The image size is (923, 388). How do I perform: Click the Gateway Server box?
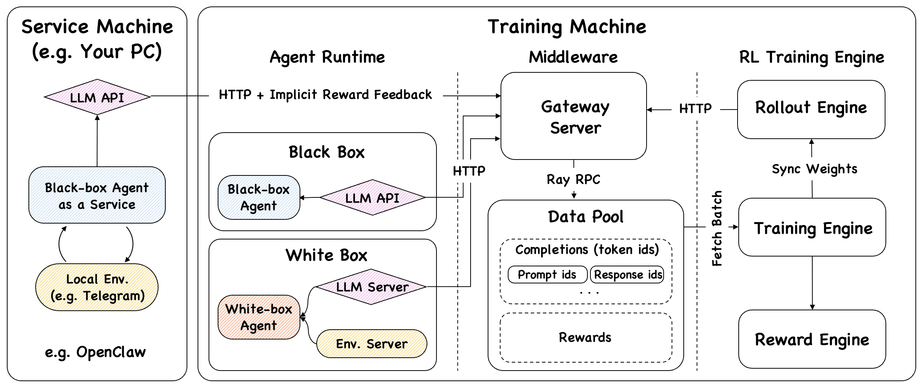573,116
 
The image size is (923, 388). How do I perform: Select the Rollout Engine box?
811,109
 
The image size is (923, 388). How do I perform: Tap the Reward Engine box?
812,339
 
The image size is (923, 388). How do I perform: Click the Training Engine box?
812,228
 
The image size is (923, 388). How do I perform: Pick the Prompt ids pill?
547,275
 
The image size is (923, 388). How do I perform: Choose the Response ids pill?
628,275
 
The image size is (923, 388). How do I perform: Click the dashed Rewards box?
586,338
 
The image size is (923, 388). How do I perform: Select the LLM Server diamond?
371,287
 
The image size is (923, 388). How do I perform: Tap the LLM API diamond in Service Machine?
97,97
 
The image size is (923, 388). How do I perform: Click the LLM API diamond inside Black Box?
372,197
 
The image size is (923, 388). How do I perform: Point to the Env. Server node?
372,344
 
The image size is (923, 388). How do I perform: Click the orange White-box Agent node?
259,317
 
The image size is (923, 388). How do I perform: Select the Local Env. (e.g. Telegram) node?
97,287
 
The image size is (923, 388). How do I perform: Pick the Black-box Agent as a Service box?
97,195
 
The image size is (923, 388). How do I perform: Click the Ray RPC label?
573,179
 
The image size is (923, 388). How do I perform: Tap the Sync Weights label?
814,169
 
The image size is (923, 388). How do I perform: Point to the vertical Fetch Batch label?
716,228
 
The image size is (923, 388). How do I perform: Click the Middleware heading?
573,57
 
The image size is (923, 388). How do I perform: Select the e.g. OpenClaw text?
95,352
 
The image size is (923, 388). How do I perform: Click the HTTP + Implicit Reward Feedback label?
325,95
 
